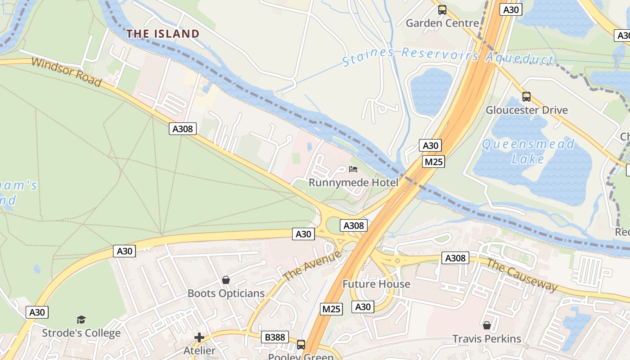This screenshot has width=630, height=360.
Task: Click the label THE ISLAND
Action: (x=162, y=34)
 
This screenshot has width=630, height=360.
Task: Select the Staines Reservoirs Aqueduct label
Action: (x=448, y=56)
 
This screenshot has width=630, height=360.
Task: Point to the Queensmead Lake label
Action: (x=528, y=151)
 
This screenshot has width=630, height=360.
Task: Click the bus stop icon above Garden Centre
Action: (x=442, y=10)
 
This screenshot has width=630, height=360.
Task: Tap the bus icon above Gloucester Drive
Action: (x=526, y=97)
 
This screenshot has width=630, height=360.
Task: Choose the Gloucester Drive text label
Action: (x=526, y=110)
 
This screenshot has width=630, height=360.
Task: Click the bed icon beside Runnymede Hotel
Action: (x=353, y=170)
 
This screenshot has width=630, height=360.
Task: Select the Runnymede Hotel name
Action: (x=353, y=183)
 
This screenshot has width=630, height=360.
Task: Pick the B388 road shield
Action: (x=274, y=337)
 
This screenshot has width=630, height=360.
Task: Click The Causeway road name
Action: (x=522, y=275)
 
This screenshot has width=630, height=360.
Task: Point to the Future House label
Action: (x=376, y=284)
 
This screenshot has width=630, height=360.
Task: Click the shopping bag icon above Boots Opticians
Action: (x=226, y=280)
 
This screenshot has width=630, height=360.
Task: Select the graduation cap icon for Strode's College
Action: (x=81, y=319)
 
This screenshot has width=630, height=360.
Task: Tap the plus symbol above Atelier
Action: (x=199, y=337)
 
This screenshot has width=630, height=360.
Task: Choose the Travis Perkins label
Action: (x=486, y=339)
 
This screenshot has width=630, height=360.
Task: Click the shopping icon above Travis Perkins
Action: (x=486, y=325)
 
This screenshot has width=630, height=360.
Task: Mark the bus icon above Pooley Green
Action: (x=301, y=345)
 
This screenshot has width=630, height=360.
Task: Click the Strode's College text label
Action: (x=81, y=333)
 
